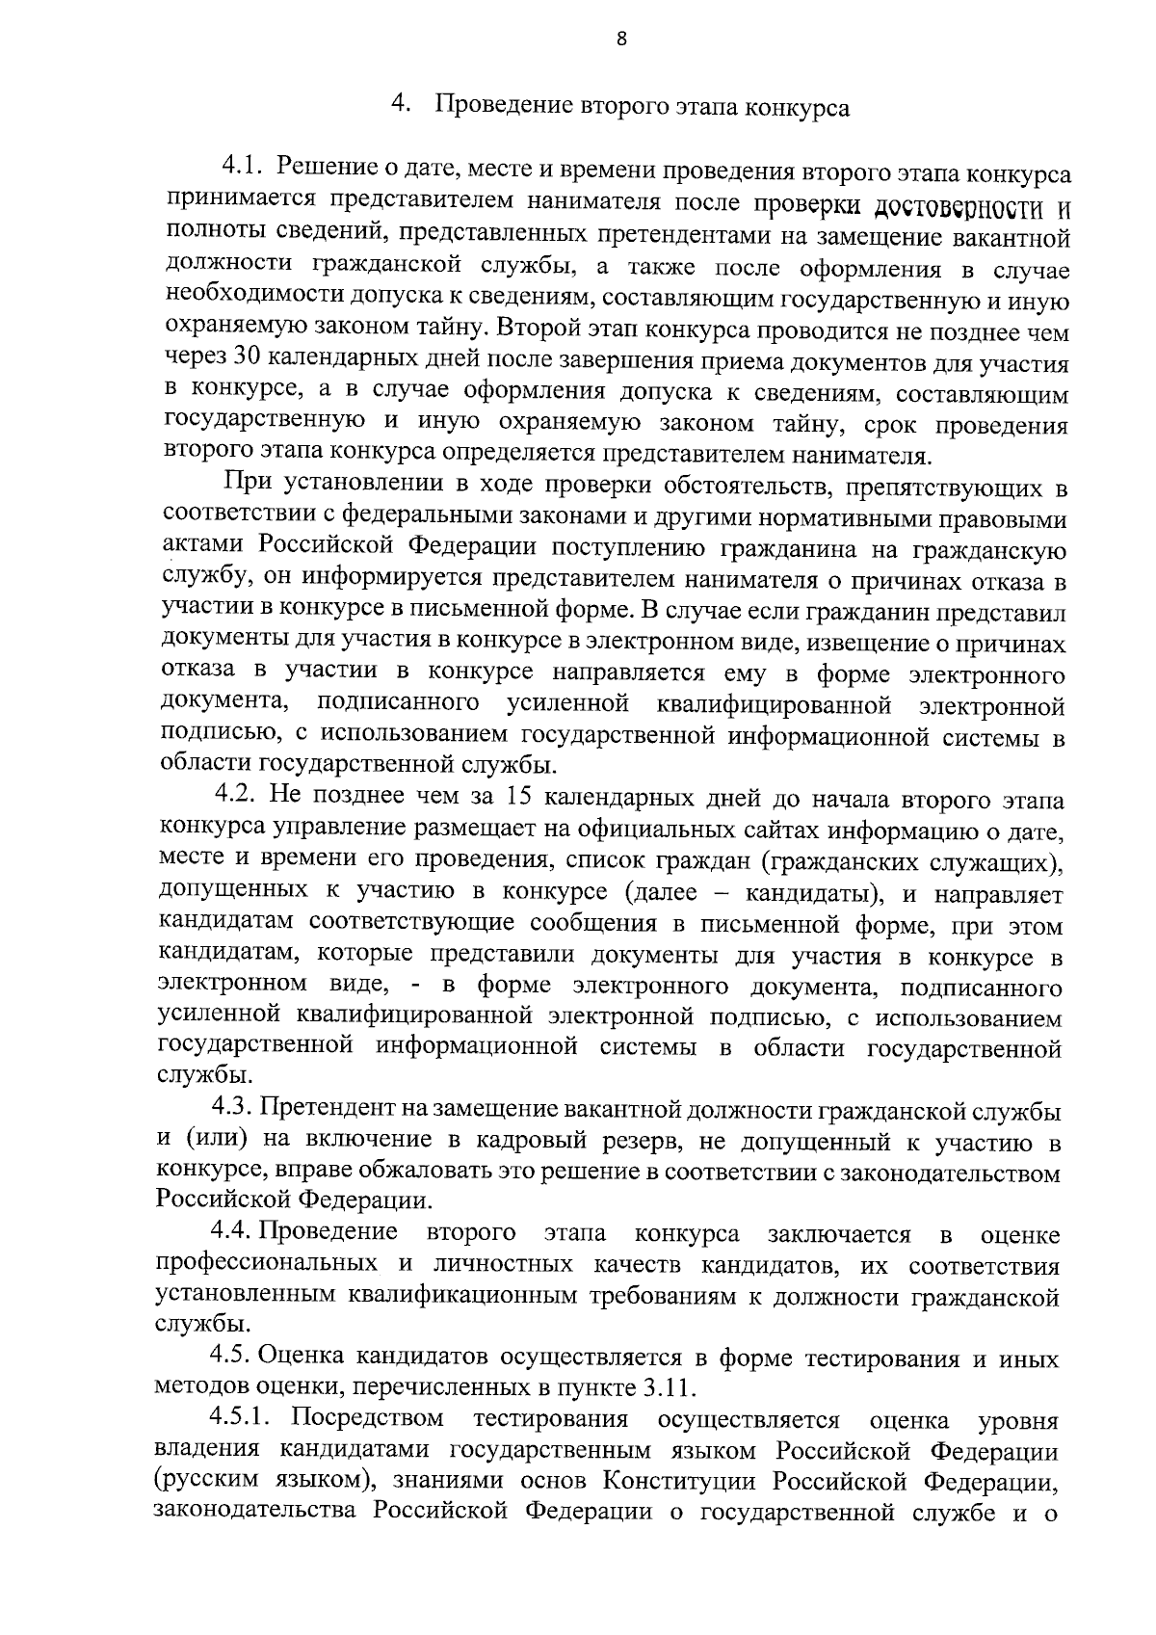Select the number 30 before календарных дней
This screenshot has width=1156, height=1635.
(244, 361)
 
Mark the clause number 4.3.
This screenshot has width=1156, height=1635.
(233, 1110)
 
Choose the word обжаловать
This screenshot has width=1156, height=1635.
(426, 1173)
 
